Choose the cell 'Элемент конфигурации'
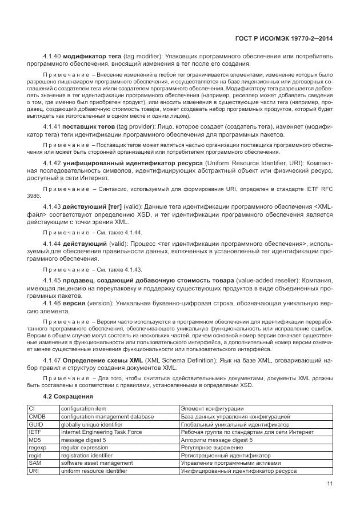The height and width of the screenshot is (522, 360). tap(212, 409)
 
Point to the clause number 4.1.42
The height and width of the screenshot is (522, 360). tap(53, 163)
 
